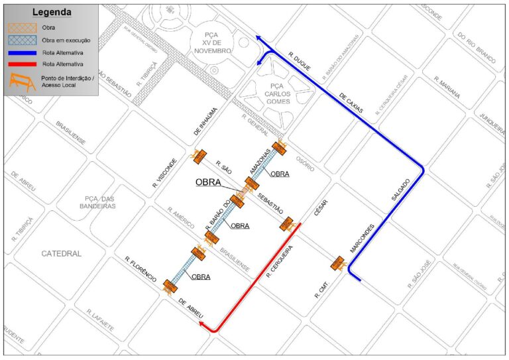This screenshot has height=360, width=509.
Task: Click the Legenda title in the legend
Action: point(52,12)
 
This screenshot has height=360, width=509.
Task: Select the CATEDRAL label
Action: point(61,253)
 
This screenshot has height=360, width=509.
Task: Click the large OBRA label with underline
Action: point(213,182)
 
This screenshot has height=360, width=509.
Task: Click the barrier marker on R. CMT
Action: point(337,264)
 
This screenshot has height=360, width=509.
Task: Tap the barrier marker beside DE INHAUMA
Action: point(198,156)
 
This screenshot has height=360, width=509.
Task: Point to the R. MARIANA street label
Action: point(447,88)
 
